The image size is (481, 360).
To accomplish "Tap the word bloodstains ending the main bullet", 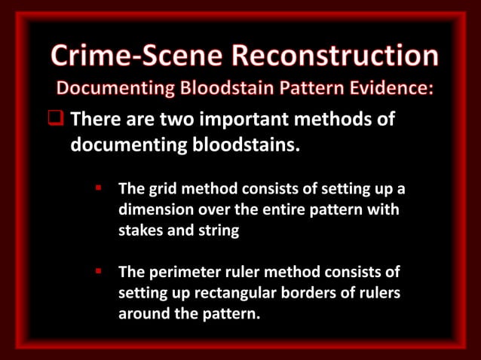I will point(240,143).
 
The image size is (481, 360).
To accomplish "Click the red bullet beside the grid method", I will point(98,188).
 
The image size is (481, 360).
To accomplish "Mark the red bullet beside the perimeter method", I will point(98,270).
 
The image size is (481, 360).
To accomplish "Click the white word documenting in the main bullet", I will point(125,143).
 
